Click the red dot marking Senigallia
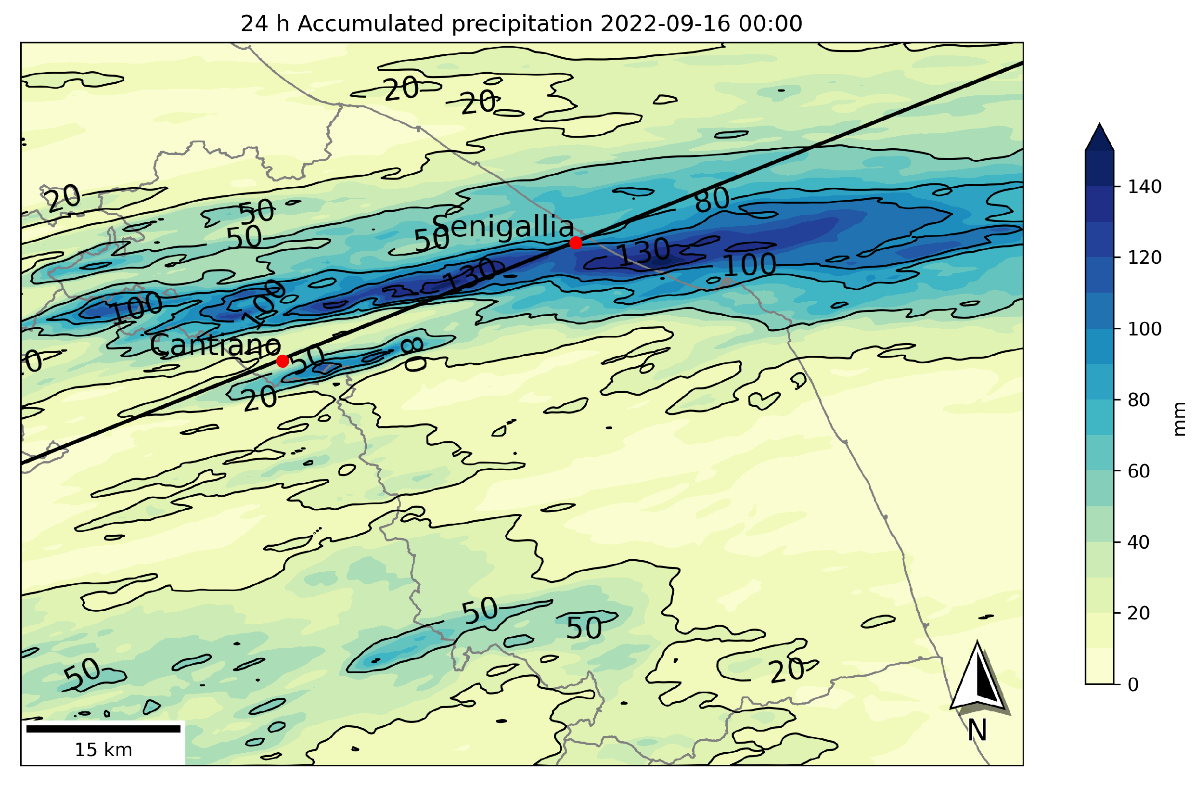[581, 245]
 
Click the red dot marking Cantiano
[285, 364]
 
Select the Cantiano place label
[217, 348]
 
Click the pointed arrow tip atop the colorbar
[1109, 137]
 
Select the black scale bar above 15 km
[104, 735]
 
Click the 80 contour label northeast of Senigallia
[719, 201]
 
